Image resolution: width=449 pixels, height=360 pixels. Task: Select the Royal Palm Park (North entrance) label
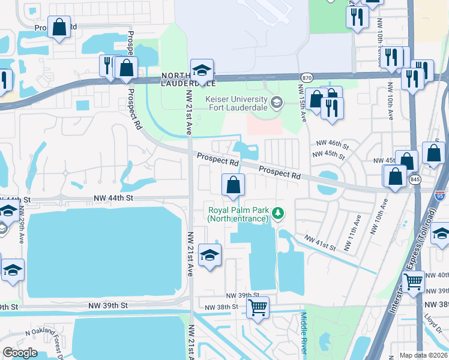[x=237, y=214]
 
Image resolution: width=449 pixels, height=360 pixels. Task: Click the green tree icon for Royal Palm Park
[x=277, y=212]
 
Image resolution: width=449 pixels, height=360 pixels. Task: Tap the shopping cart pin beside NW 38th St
[x=258, y=307]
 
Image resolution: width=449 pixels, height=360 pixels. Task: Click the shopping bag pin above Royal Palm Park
[x=233, y=185]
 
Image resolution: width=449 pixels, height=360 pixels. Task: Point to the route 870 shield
[x=307, y=77]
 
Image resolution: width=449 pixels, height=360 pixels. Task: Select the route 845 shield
[x=414, y=179]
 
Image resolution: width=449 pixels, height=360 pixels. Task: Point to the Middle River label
[x=304, y=333]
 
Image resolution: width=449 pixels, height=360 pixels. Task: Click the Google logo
[x=20, y=352]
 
